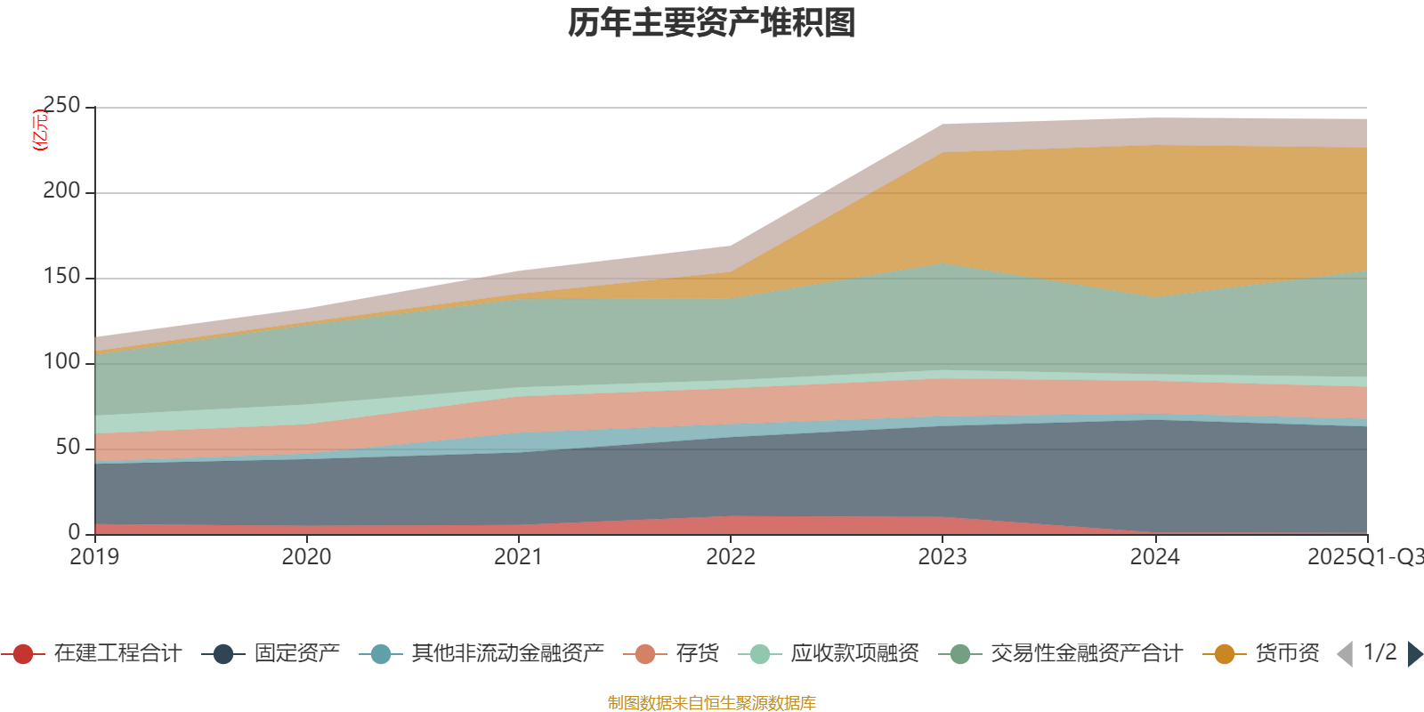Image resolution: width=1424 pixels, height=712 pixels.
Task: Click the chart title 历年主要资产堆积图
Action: pyautogui.click(x=712, y=23)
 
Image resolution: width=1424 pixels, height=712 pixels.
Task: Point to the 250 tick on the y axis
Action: pyautogui.click(x=61, y=107)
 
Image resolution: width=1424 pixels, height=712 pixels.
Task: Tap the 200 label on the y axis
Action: pyautogui.click(x=61, y=191)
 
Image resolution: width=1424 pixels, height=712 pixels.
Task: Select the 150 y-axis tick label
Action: pyautogui.click(x=61, y=277)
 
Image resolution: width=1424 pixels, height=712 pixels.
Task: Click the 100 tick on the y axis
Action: pyautogui.click(x=61, y=362)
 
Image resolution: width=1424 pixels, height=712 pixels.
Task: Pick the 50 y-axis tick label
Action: pyautogui.click(x=68, y=447)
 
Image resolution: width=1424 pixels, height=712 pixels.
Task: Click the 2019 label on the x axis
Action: pyautogui.click(x=94, y=557)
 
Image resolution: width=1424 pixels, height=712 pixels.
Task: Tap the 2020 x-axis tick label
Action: pyautogui.click(x=306, y=557)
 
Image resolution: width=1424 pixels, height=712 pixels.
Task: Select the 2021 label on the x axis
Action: pyautogui.click(x=518, y=557)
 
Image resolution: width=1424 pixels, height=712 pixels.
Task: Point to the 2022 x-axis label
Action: pyautogui.click(x=730, y=557)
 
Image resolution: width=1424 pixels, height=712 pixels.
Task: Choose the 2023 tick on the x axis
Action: pyautogui.click(x=943, y=557)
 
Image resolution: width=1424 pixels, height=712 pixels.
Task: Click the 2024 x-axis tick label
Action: pyautogui.click(x=1154, y=557)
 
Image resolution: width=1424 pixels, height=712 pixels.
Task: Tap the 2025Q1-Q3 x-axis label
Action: pyautogui.click(x=1364, y=557)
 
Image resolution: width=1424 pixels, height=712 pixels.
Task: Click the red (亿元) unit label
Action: pyautogui.click(x=39, y=130)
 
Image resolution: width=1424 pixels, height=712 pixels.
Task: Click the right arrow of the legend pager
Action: pyautogui.click(x=1414, y=654)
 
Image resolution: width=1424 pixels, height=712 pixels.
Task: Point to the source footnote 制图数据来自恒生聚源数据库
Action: pyautogui.click(x=712, y=703)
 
